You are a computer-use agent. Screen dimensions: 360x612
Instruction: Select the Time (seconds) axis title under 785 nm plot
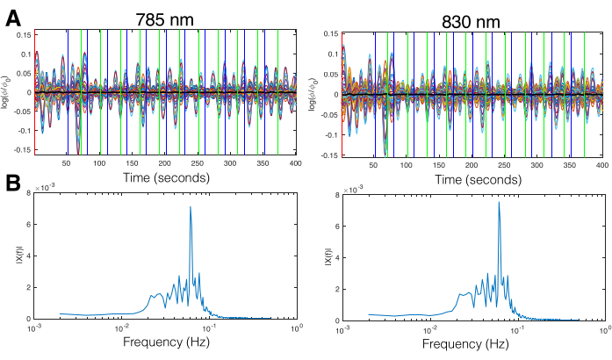point(165,177)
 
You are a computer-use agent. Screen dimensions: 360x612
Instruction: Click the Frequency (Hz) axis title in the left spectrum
point(165,342)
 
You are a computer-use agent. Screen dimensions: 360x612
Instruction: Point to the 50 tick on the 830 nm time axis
point(374,165)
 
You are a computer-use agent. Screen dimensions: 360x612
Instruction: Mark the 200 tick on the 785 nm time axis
point(164,164)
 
